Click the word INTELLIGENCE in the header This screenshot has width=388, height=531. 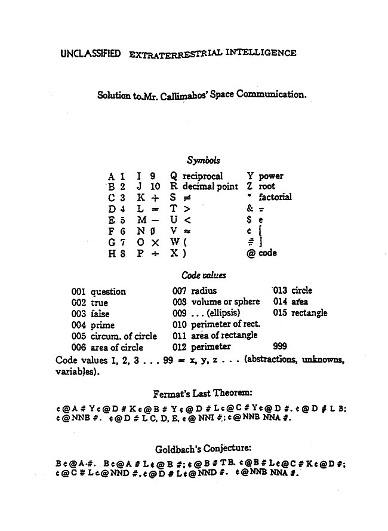260,53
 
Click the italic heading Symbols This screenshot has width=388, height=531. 204,160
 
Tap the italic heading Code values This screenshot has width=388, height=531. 202,275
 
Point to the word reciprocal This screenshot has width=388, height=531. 202,176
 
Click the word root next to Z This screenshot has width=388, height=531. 267,186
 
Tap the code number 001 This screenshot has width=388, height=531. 79,291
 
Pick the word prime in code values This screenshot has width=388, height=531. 102,324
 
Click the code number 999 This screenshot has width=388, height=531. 281,346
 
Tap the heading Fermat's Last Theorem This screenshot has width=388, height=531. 203,392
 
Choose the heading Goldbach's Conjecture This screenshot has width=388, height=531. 203,448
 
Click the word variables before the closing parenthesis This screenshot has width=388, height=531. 75,371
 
